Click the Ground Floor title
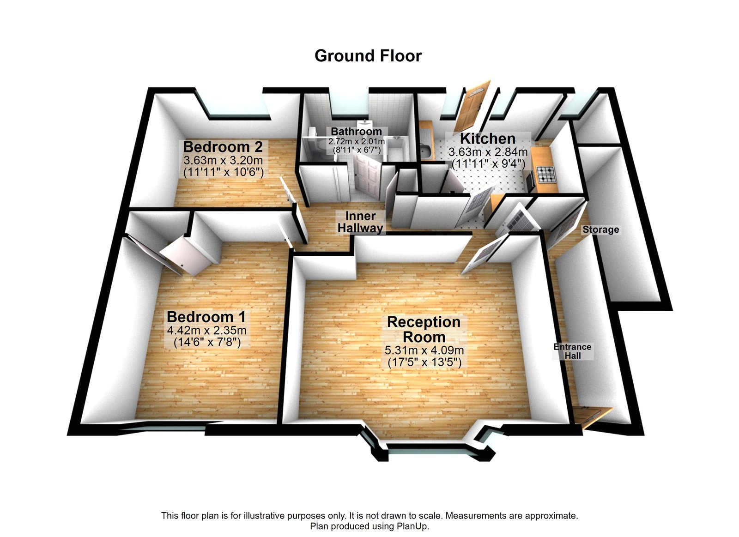(x=368, y=56)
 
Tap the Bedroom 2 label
(x=223, y=147)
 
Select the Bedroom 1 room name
(x=206, y=317)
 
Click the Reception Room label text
(x=424, y=329)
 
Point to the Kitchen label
(x=488, y=139)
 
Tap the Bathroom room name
(x=356, y=132)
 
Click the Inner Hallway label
(x=360, y=222)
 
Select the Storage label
(x=600, y=229)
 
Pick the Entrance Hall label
(x=572, y=351)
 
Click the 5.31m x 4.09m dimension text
(x=424, y=350)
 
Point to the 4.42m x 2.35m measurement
(x=206, y=331)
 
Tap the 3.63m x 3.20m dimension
(x=223, y=161)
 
